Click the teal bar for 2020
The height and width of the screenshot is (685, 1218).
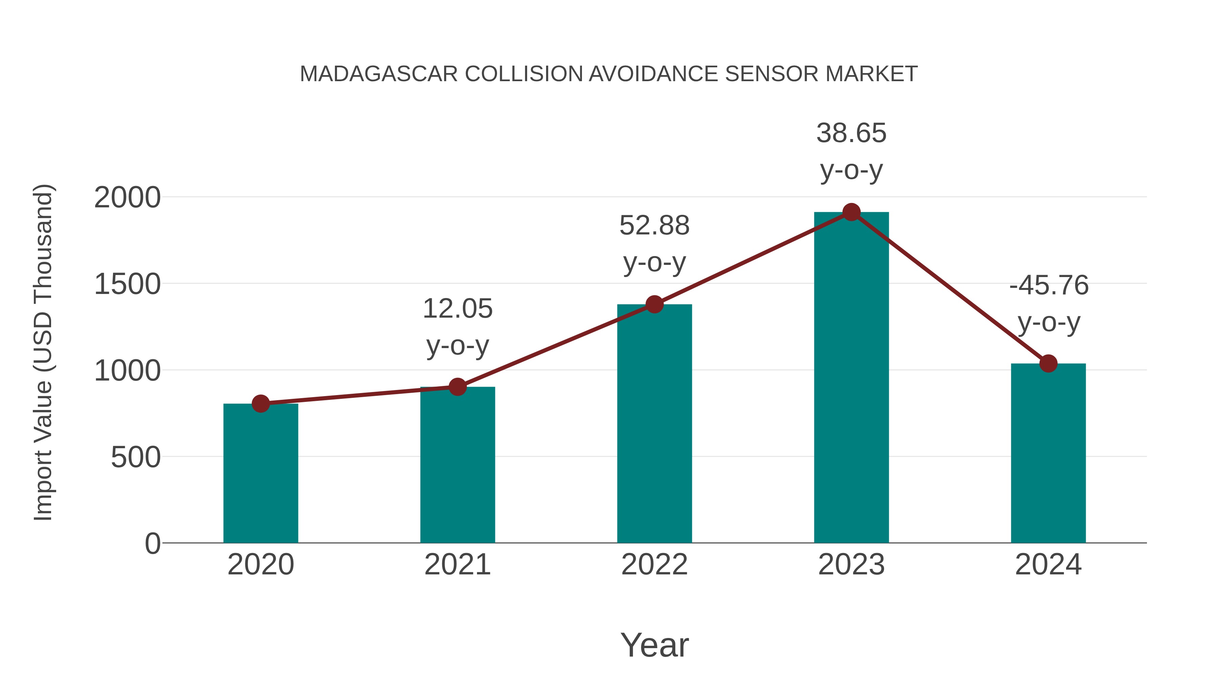[x=261, y=473]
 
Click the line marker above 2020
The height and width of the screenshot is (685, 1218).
[x=261, y=403]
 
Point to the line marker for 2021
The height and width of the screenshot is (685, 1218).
[x=457, y=387]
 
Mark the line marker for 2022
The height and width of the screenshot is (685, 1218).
[x=654, y=304]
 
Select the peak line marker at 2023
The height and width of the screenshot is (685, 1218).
[x=851, y=212]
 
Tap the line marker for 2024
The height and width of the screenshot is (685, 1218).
[x=1048, y=364]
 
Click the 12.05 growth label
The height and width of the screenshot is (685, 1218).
[x=457, y=309]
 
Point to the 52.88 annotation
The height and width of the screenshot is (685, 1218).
[x=654, y=226]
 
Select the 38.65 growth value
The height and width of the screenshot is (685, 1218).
[x=851, y=133]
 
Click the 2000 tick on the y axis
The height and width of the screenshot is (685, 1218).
[x=127, y=198]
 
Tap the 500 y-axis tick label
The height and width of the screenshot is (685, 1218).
[x=136, y=458]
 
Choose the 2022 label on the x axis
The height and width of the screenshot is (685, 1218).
[x=654, y=565]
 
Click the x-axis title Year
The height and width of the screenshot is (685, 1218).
[x=654, y=645]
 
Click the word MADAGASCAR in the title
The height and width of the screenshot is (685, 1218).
[x=379, y=74]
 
